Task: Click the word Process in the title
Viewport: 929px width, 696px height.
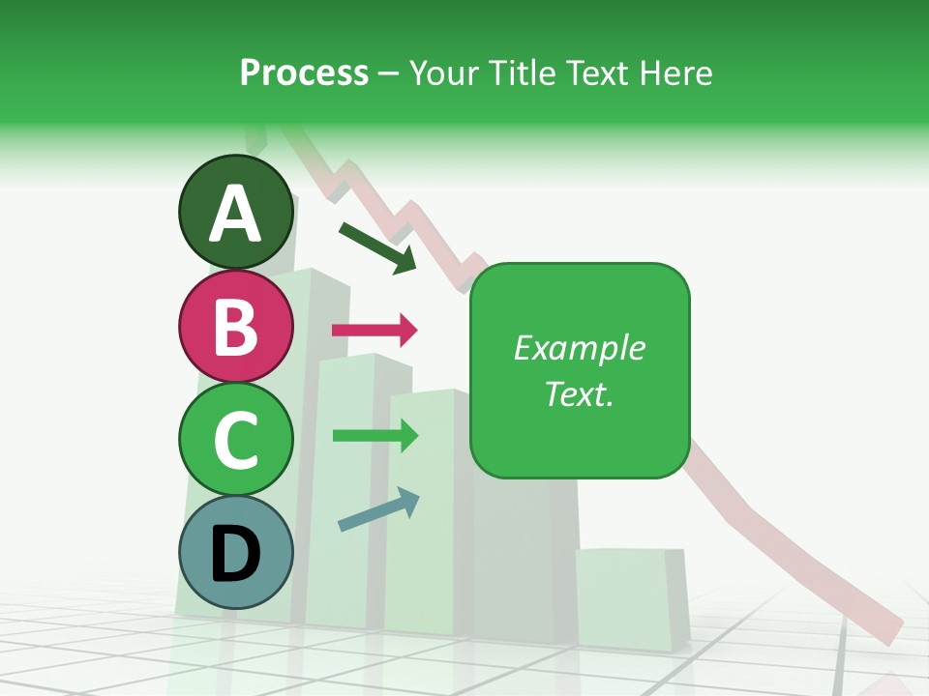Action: point(304,73)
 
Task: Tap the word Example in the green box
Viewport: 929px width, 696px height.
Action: point(579,348)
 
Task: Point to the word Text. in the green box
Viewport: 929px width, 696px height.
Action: point(579,393)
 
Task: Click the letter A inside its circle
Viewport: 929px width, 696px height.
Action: point(235,215)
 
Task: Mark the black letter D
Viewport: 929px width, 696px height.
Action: point(235,554)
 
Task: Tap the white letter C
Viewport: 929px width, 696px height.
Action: point(235,440)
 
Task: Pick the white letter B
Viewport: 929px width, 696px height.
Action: point(235,327)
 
